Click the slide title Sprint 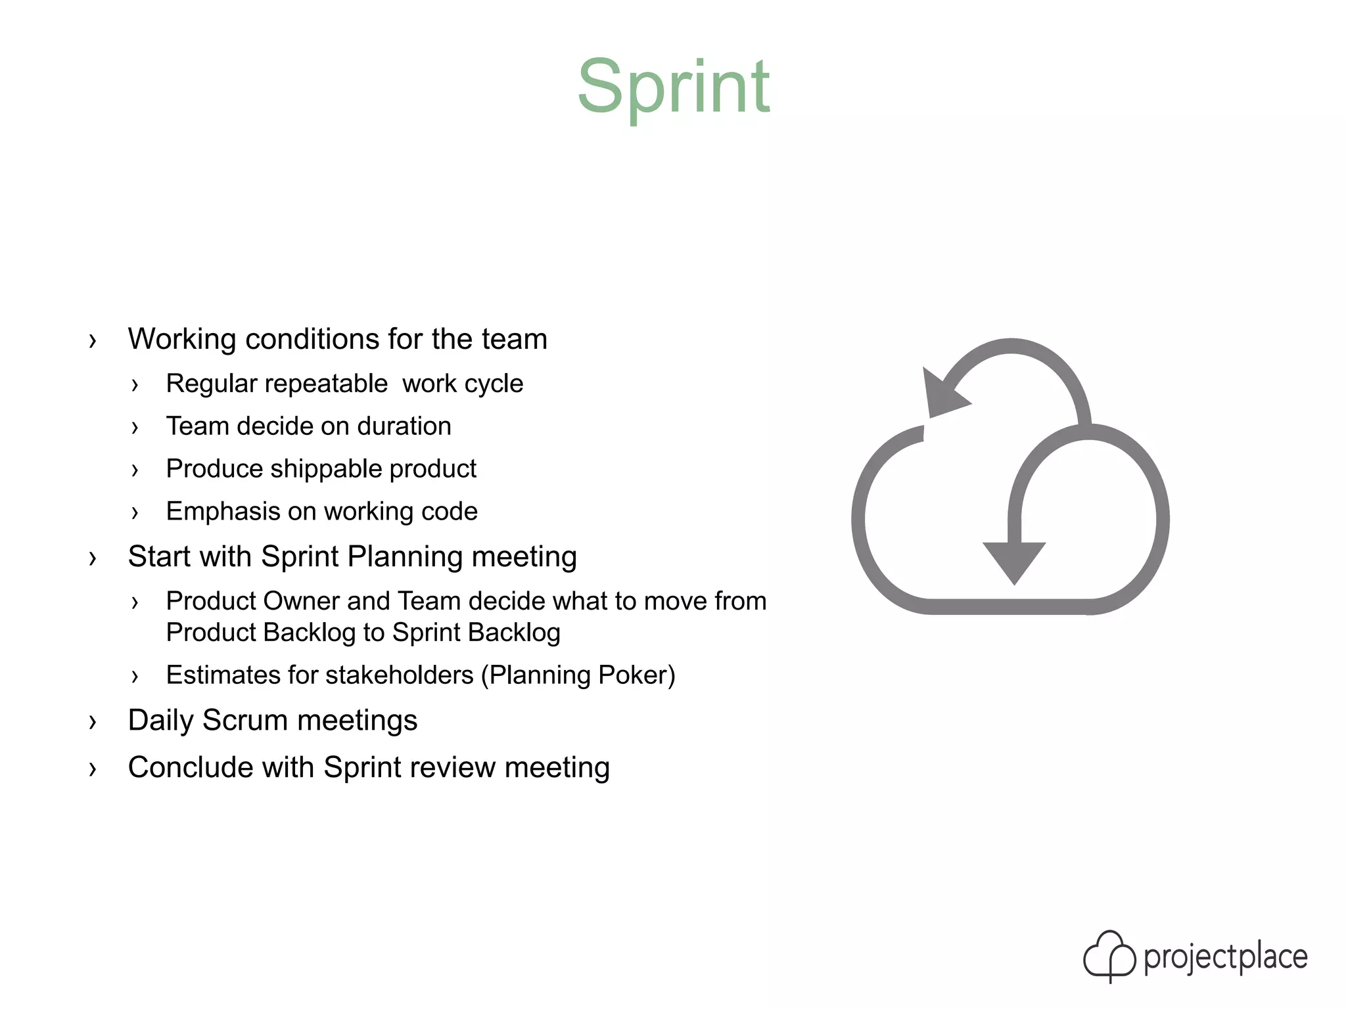coord(673,87)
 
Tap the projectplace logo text coord(1225,958)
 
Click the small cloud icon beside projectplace coord(1109,956)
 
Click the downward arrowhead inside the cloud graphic coord(1014,560)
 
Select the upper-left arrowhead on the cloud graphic coord(941,394)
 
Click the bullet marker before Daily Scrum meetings coord(93,722)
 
